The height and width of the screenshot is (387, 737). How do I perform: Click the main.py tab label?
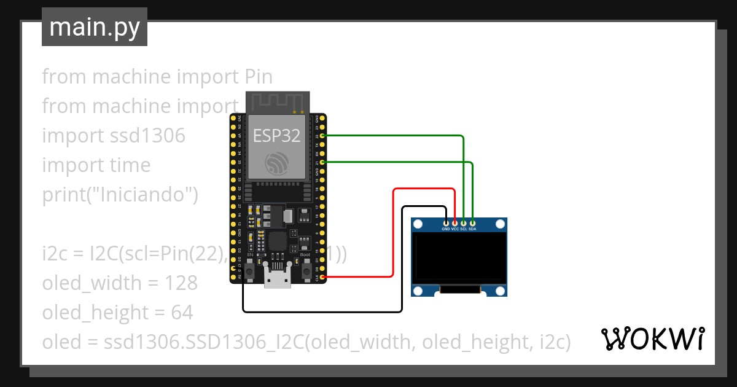pos(94,27)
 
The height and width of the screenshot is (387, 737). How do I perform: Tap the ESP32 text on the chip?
pos(277,136)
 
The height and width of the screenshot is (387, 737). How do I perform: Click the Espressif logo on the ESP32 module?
pos(277,163)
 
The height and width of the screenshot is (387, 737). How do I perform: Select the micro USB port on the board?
pos(278,277)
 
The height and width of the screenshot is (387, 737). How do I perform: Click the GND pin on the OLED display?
pos(446,222)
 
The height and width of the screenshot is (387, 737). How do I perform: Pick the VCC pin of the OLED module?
pos(455,222)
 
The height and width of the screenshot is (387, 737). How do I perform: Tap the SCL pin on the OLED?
pos(464,222)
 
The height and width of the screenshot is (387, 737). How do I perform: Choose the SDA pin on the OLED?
pos(472,222)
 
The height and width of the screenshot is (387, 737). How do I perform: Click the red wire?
pos(393,233)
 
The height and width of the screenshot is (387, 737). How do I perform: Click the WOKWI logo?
pos(652,338)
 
